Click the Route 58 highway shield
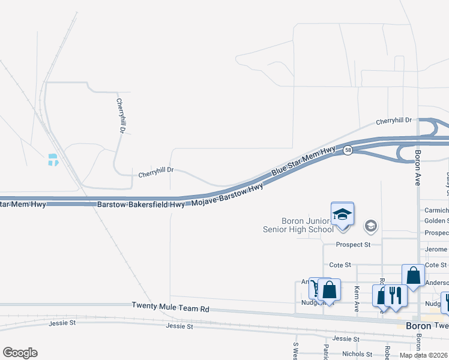(348, 151)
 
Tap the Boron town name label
(419, 326)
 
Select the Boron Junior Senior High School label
(298, 225)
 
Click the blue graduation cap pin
(342, 215)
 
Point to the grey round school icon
(371, 226)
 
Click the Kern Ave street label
(357, 293)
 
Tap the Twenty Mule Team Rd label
(170, 307)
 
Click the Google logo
(20, 353)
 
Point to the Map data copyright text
(424, 355)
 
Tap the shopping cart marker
(316, 289)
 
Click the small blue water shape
(53, 160)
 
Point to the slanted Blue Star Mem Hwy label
(303, 161)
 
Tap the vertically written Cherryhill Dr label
(121, 116)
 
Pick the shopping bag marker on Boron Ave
(413, 276)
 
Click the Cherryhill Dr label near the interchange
(394, 121)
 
